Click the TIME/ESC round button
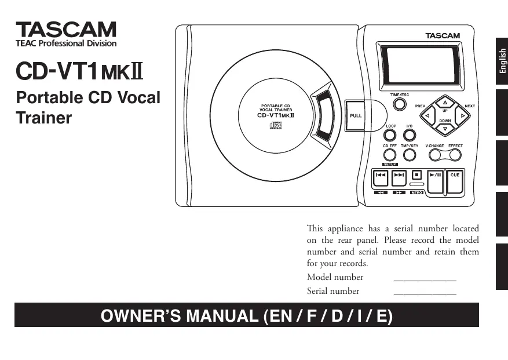coord(399,104)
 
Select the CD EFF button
coord(389,155)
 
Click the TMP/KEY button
coord(410,155)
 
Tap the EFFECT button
coord(455,154)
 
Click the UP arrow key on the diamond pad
coord(445,103)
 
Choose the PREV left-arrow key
coord(428,115)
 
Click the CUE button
coord(455,180)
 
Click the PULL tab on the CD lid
coord(356,115)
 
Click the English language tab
coord(502,61)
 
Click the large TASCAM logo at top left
coord(65,30)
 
